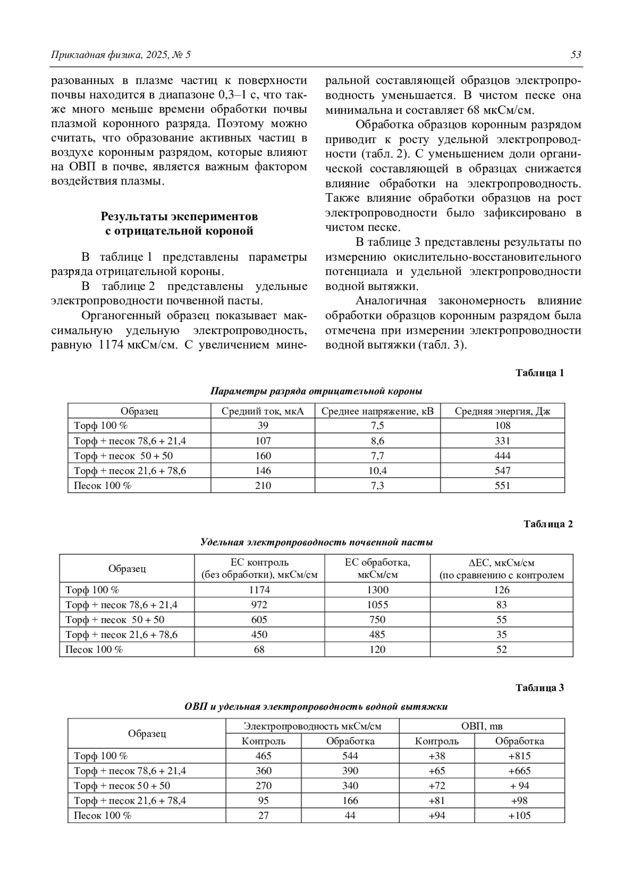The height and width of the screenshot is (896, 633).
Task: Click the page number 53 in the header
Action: pyautogui.click(x=576, y=55)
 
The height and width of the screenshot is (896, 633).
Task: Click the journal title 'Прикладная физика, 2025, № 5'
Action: pyautogui.click(x=121, y=55)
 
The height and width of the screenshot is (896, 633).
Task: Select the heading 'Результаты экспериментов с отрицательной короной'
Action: pyautogui.click(x=179, y=224)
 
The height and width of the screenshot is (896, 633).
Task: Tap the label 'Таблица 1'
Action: pyautogui.click(x=540, y=373)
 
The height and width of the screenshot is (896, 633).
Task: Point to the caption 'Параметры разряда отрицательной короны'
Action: pyautogui.click(x=316, y=392)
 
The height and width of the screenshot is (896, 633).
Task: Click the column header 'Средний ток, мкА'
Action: pyautogui.click(x=263, y=411)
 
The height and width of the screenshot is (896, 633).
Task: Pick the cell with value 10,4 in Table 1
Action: pyautogui.click(x=377, y=470)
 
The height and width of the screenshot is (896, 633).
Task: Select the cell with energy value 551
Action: pyautogui.click(x=502, y=486)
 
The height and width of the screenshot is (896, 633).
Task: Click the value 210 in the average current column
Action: pyautogui.click(x=263, y=486)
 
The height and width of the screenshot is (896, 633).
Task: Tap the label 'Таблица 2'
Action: pyautogui.click(x=548, y=524)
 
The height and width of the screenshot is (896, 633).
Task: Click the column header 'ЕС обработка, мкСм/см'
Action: pyautogui.click(x=377, y=569)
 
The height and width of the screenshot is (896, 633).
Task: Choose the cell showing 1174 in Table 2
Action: pyautogui.click(x=259, y=590)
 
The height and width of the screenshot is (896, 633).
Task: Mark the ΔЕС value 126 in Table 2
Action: pyautogui.click(x=501, y=590)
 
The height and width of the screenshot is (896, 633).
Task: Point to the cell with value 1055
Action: pyautogui.click(x=377, y=605)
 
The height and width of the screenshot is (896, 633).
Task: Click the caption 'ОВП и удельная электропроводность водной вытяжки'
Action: pyautogui.click(x=316, y=707)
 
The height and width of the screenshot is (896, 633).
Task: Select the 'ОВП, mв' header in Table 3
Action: pyautogui.click(x=482, y=727)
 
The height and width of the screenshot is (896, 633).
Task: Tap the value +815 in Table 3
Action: pyautogui.click(x=519, y=756)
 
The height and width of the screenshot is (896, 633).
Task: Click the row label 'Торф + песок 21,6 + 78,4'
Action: pyautogui.click(x=130, y=801)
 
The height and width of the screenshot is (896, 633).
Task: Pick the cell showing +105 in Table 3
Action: pyautogui.click(x=519, y=816)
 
